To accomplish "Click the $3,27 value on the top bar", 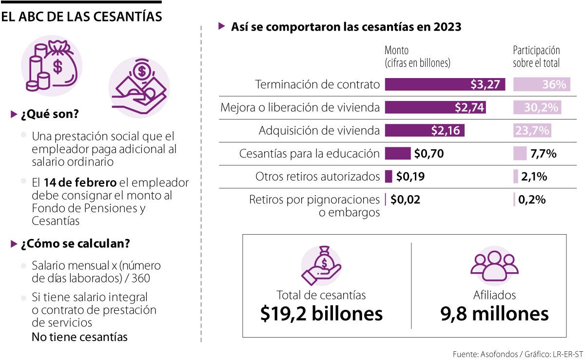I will click(485, 84).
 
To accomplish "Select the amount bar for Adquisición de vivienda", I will click(424, 131).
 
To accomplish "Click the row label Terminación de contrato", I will click(317, 84).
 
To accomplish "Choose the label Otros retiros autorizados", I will click(317, 177).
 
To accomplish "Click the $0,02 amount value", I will click(406, 200).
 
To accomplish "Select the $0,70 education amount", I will click(429, 154).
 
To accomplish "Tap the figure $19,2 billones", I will click(321, 314).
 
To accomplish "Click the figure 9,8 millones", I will click(494, 314).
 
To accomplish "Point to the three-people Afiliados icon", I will click(494, 267).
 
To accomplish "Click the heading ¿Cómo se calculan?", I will click(75, 243).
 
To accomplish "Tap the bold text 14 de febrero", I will click(80, 183).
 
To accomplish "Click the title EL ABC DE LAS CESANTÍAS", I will click(81, 17).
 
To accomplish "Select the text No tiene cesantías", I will click(79, 337).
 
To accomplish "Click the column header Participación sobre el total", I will click(536, 57).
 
